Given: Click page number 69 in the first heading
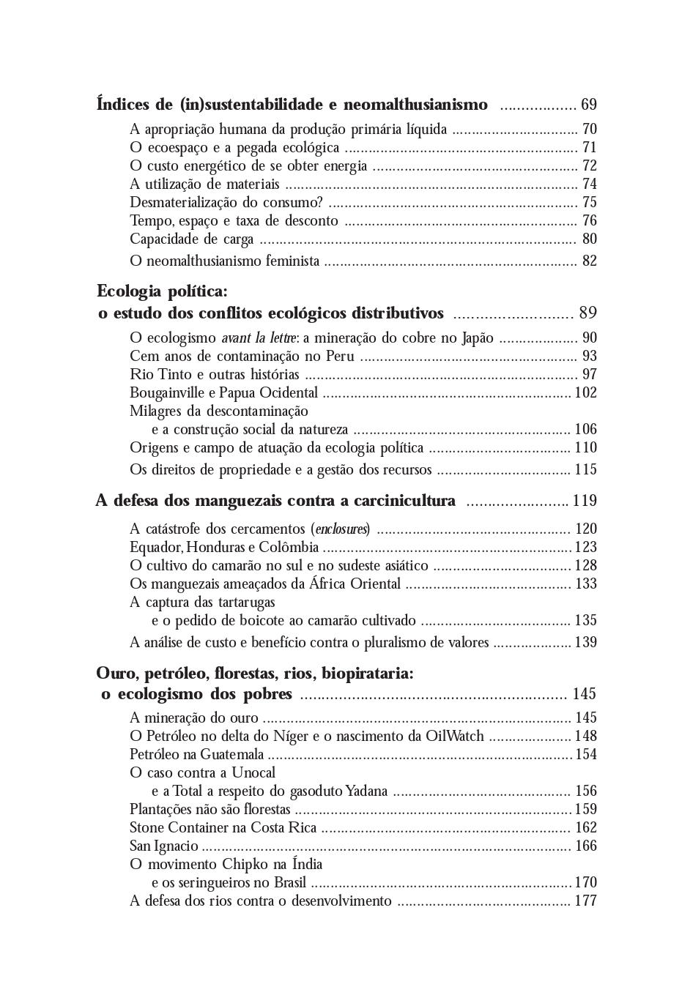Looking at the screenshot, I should click(x=588, y=105).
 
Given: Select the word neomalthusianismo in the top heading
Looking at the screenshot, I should click(x=415, y=105).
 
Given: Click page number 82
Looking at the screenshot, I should click(x=589, y=261).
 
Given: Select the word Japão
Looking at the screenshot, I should click(x=478, y=338).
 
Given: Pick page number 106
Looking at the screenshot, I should click(x=586, y=430).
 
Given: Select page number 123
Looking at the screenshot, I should click(x=586, y=548).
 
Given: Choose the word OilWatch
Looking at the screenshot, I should click(x=454, y=737).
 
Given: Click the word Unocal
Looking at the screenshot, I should click(x=253, y=773).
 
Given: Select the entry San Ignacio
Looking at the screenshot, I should click(x=164, y=846).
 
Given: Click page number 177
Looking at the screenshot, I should click(x=586, y=901).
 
